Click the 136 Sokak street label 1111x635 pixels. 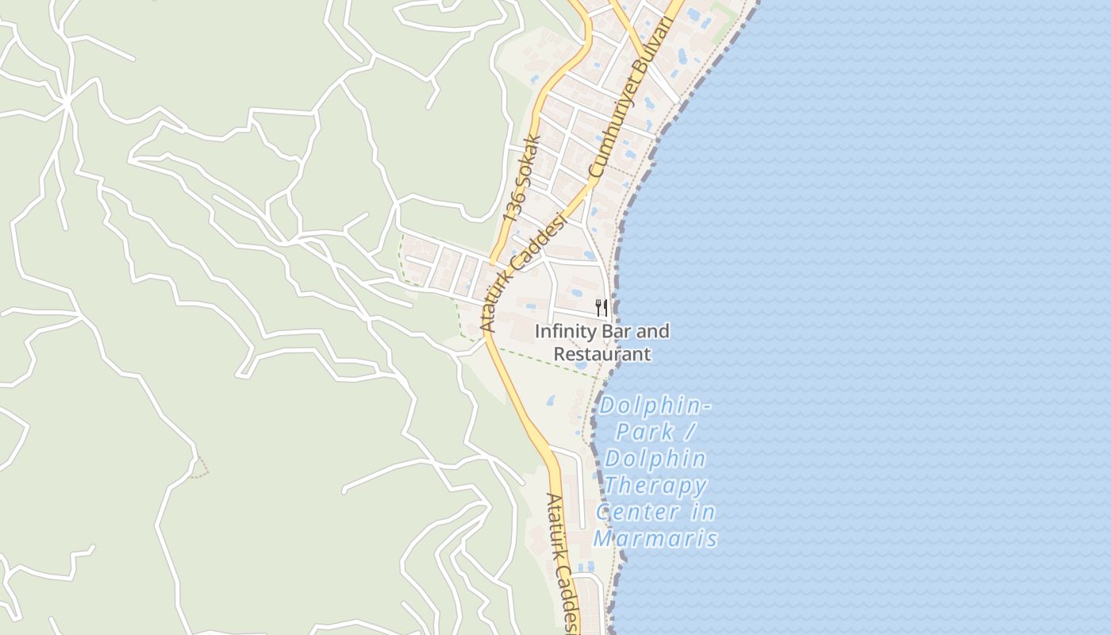coord(522,178)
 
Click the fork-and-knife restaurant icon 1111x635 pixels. coord(602,308)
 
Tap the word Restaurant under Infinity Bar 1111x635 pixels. coord(602,354)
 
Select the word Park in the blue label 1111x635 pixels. coord(645,433)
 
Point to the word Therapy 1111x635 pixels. coord(655,485)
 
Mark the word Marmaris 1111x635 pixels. coord(655,539)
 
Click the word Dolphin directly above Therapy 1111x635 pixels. coord(655,459)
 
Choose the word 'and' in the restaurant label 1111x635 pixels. coord(653,331)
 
